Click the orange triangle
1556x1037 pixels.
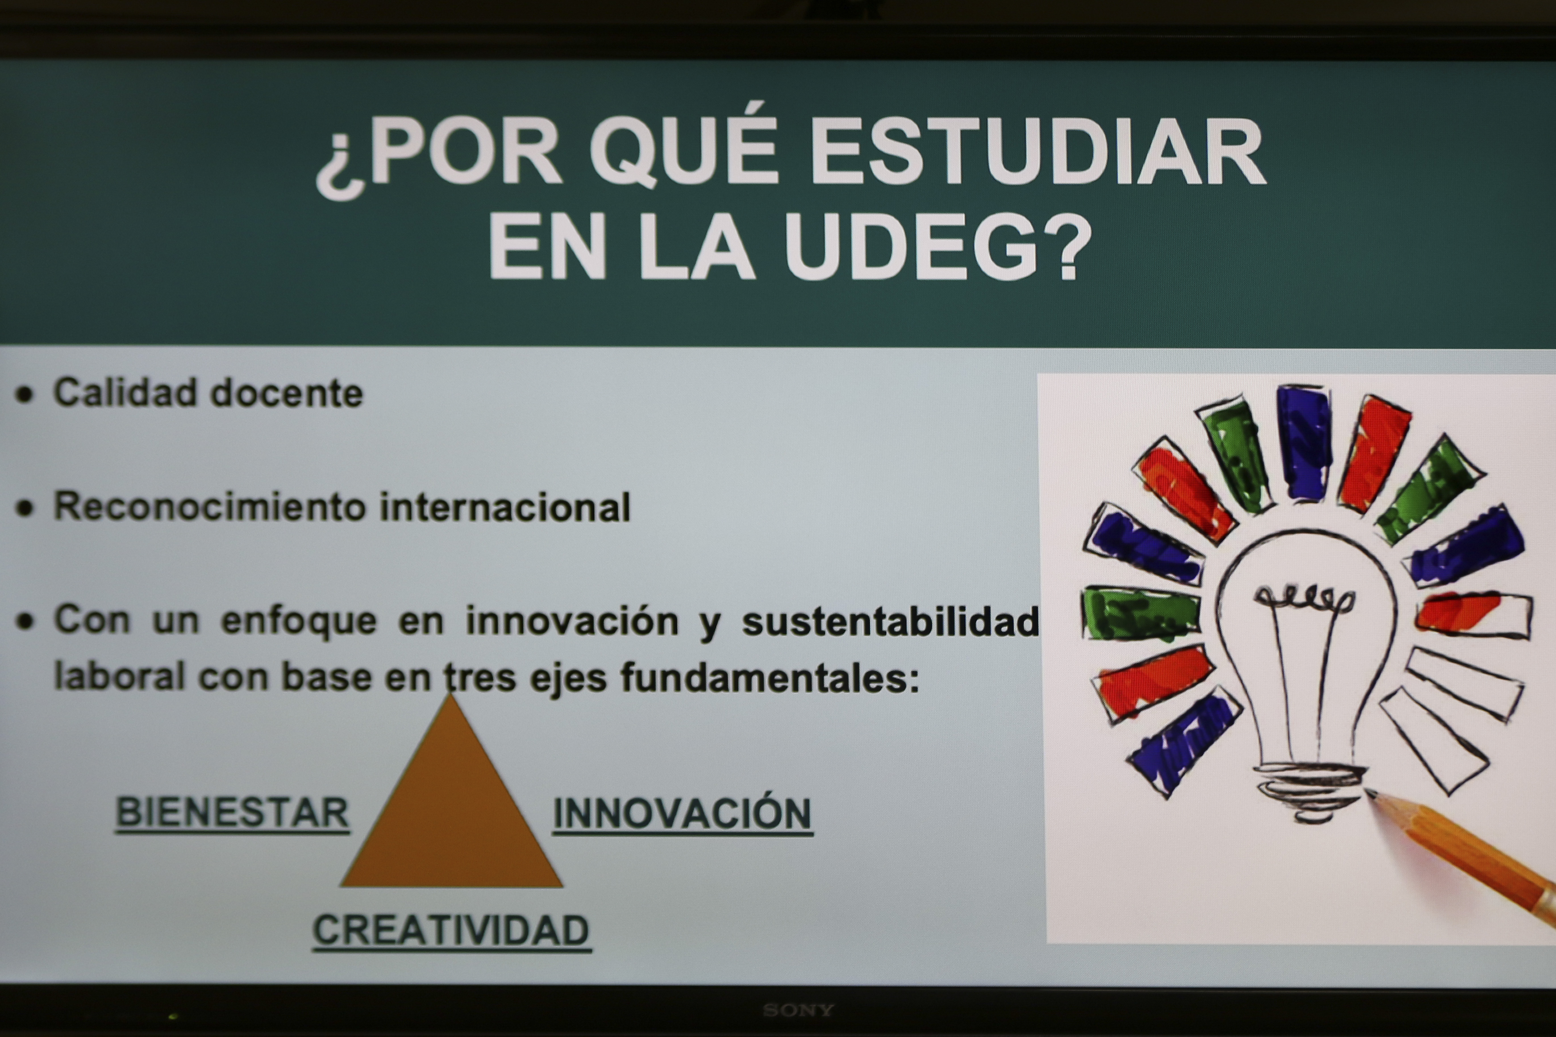(x=451, y=813)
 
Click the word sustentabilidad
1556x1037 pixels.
(x=890, y=622)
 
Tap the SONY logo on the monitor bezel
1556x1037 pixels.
(x=799, y=1010)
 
